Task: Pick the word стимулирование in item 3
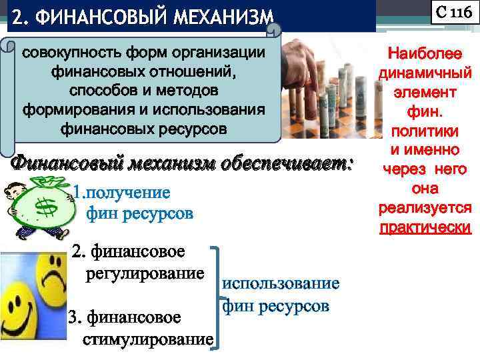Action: (x=147, y=340)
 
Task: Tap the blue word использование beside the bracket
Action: (x=281, y=283)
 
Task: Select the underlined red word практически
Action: (x=425, y=228)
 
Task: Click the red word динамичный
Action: (x=425, y=72)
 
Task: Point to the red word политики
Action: (x=425, y=129)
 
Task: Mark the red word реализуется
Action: (x=425, y=209)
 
